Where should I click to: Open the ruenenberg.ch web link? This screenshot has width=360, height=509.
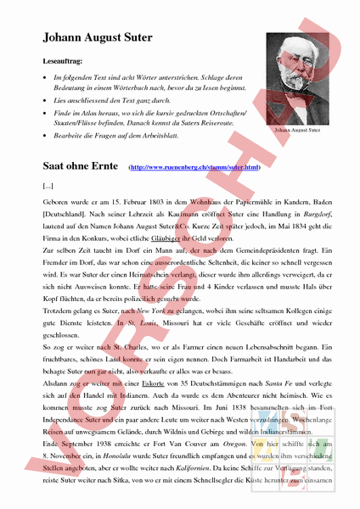[194, 167]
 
